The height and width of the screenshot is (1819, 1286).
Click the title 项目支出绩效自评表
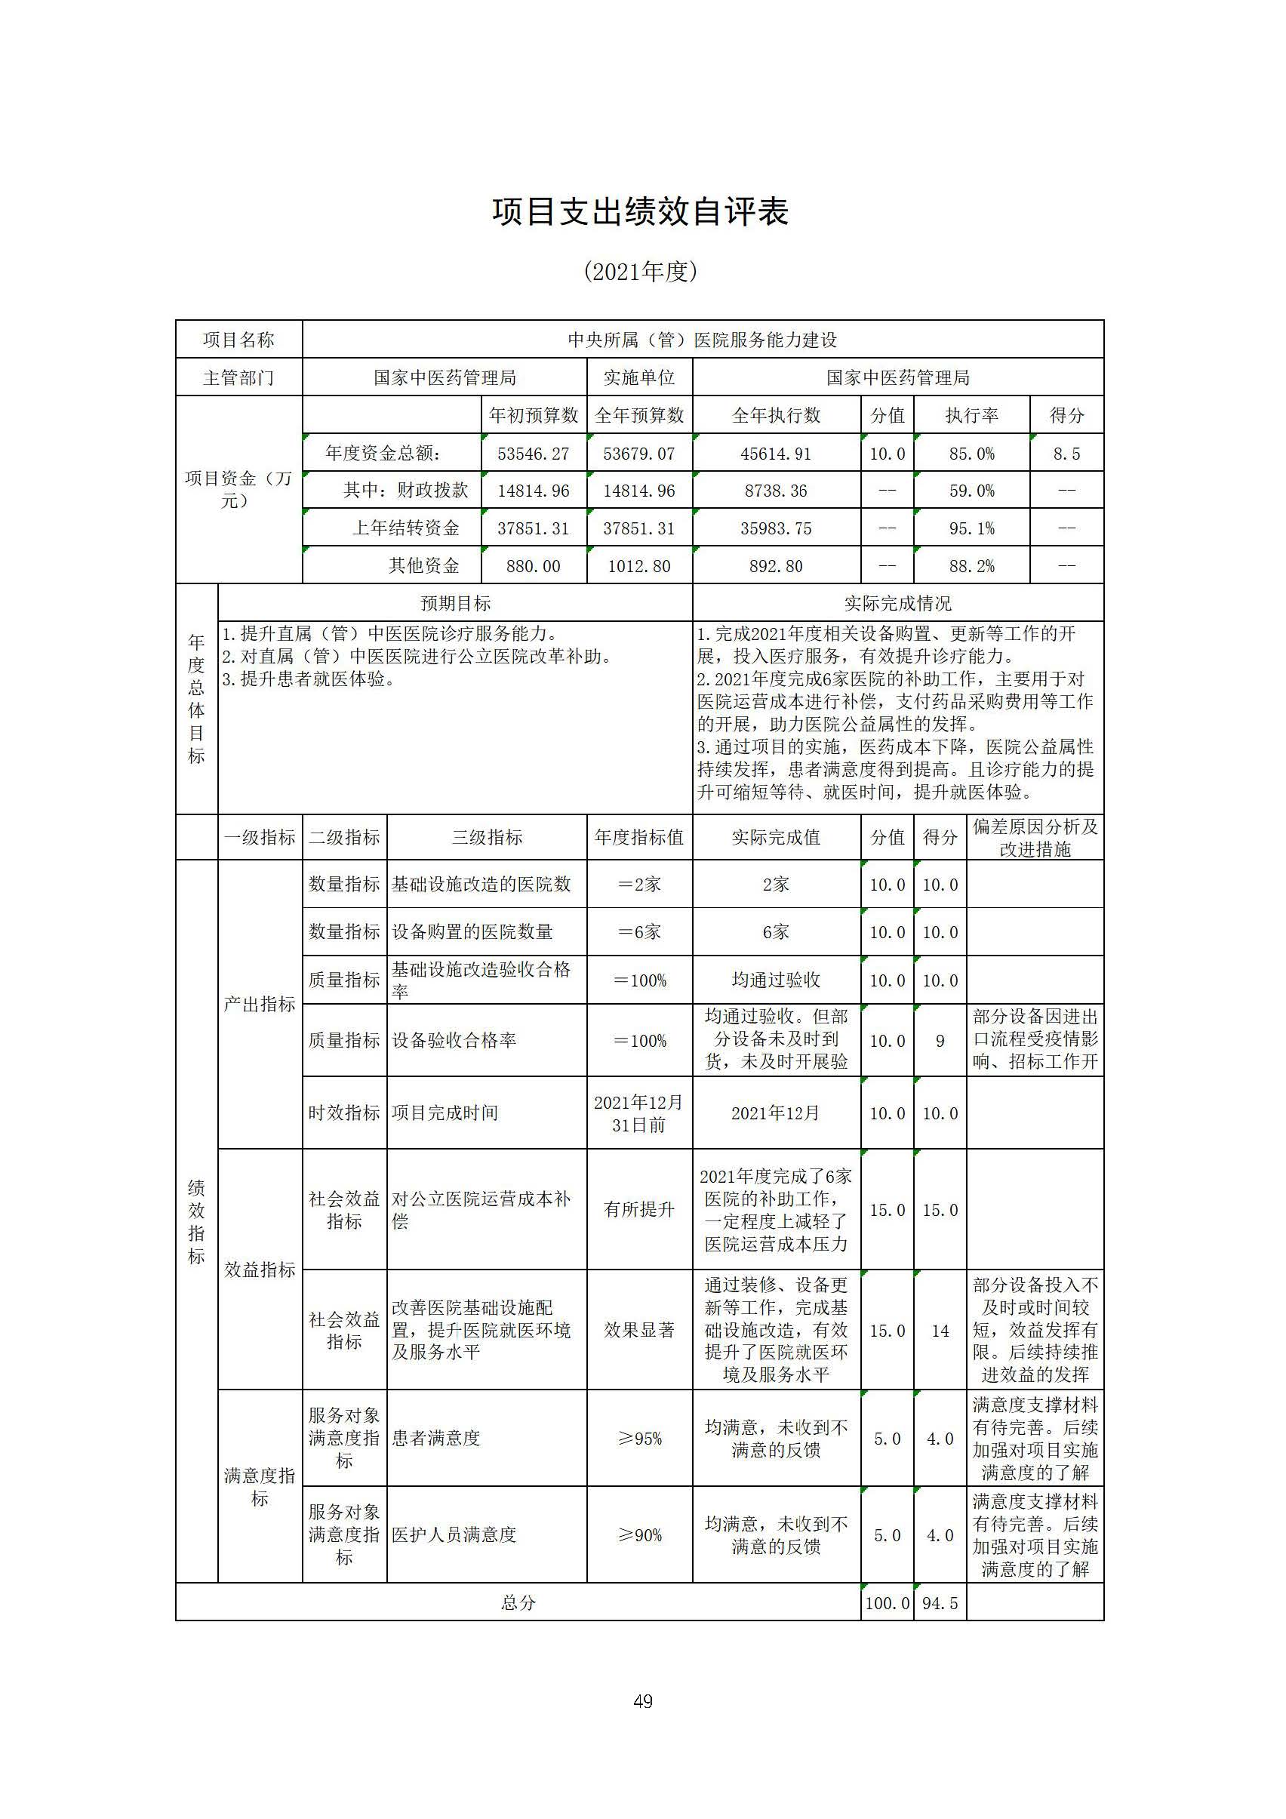coord(640,212)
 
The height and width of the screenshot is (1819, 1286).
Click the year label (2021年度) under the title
coord(640,272)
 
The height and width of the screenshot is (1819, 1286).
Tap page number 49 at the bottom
coord(642,1701)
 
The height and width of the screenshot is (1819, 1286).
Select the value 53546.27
coord(534,454)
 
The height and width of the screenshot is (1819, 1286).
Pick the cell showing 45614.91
coord(776,454)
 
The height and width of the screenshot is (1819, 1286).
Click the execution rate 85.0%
coord(971,454)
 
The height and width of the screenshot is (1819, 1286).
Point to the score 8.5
coord(1066,454)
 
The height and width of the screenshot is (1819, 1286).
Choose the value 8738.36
coord(776,491)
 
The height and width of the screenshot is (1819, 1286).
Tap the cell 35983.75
coord(776,528)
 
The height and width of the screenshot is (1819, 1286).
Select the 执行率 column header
coord(971,415)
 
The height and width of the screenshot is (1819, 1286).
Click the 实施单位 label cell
coord(638,378)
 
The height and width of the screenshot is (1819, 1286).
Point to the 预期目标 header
coord(455,604)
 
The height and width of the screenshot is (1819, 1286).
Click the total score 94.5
coord(940,1603)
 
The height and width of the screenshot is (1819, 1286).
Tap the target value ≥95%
coord(638,1439)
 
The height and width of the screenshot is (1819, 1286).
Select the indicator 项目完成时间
coord(445,1113)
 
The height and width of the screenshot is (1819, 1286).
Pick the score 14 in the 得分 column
coord(940,1331)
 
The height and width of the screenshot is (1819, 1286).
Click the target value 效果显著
coord(638,1330)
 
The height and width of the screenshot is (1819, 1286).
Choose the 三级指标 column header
coord(487,837)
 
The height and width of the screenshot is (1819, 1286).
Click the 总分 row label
coord(518,1603)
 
